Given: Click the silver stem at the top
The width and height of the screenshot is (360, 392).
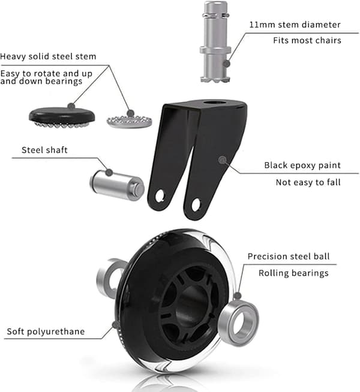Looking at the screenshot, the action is point(215,41).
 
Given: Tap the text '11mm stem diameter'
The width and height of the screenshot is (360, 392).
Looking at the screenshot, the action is point(295,25).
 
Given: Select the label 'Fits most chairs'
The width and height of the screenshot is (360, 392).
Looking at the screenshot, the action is point(307,40).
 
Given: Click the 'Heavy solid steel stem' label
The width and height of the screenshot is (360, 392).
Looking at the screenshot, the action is point(48,56).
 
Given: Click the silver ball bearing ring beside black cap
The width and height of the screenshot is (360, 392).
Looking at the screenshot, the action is point(130,122).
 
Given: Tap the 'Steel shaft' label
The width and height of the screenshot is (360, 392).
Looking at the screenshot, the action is point(44,150).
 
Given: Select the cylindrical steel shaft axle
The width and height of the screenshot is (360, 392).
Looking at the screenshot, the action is point(117,185).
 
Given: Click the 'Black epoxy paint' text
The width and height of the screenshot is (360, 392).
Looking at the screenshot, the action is point(302,165).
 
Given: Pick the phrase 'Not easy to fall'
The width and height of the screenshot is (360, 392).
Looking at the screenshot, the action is point(308,182).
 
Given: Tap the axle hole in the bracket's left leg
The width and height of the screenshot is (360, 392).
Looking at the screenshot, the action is point(160,196).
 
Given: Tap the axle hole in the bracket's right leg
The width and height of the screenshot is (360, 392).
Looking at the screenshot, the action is point(196,204).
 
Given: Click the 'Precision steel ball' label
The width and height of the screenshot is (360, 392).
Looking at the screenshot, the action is point(289,257).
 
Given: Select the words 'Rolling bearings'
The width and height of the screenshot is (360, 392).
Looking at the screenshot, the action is point(293,273).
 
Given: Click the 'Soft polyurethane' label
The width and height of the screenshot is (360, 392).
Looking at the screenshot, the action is point(46,331).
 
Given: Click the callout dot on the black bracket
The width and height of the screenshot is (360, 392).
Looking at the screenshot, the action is point(223,160).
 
